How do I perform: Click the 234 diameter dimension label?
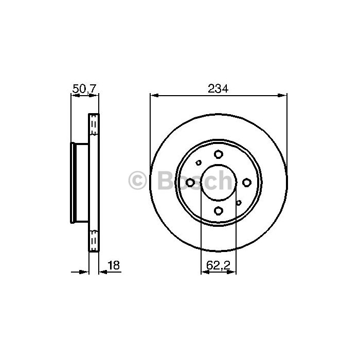tap(218, 88)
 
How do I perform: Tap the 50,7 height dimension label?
tap(84, 88)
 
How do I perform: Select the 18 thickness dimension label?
tap(114, 265)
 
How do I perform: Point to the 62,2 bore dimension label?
tap(218, 265)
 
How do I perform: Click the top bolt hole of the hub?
tap(219, 154)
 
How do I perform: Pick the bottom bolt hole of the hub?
tap(219, 210)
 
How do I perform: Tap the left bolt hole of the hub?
tap(190, 183)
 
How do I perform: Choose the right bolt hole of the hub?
tap(246, 183)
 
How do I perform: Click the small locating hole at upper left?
tap(199, 163)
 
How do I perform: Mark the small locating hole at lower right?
tap(239, 203)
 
